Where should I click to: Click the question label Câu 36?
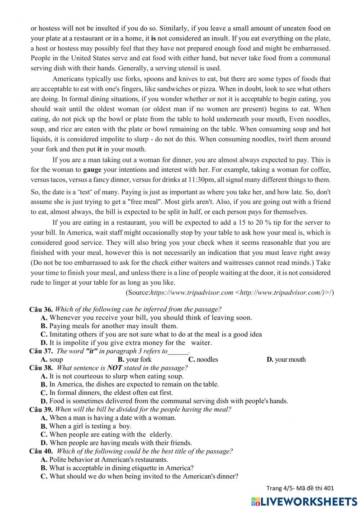point(41,309)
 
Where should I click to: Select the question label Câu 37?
point(41,351)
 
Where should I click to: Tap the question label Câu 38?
point(41,368)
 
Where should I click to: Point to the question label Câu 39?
point(41,410)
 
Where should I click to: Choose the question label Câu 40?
point(41,451)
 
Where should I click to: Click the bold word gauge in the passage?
point(92,170)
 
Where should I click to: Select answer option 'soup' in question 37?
point(56,360)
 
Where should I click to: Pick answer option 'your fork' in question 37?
point(139,360)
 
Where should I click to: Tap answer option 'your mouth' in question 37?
point(290,360)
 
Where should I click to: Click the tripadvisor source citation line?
point(230,293)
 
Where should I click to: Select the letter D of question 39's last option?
point(44,443)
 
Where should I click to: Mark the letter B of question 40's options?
point(44,468)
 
